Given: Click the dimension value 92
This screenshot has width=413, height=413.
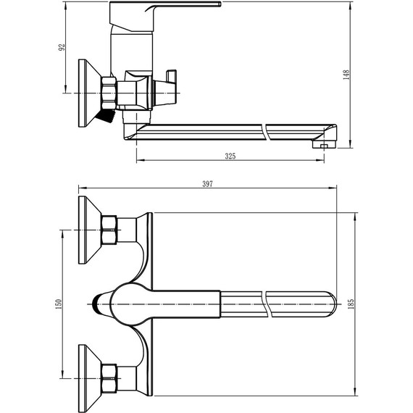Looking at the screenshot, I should pyautogui.click(x=63, y=47).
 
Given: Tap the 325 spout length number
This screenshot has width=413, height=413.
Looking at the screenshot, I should pyautogui.click(x=230, y=156).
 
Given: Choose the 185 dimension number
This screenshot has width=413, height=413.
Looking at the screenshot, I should pyautogui.click(x=351, y=304).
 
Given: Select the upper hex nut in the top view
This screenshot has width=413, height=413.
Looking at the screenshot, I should pyautogui.click(x=110, y=230).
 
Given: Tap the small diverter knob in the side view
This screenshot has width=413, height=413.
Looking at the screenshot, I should pyautogui.click(x=171, y=78).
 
